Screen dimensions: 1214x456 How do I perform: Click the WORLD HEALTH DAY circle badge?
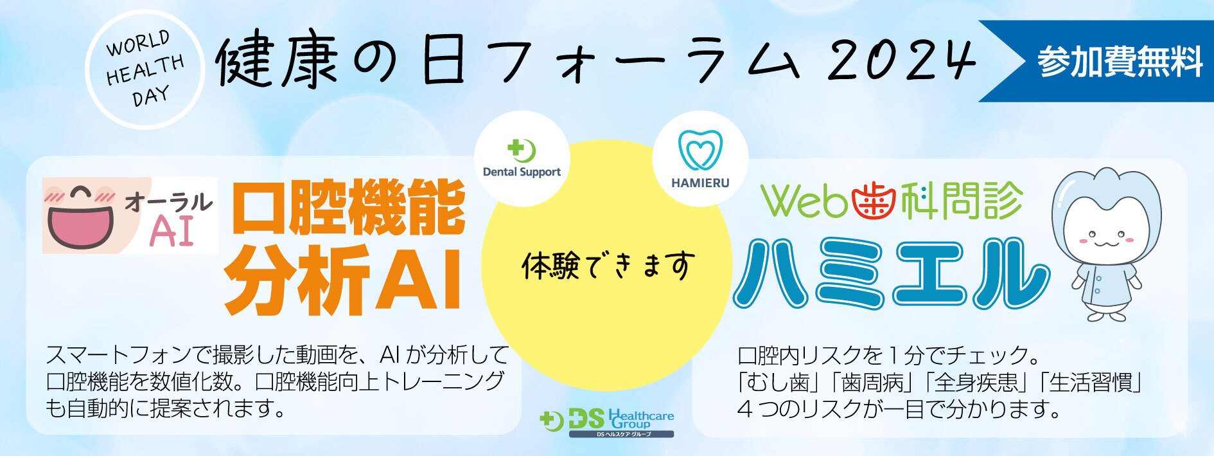(145, 69)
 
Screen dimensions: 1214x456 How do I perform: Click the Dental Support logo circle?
(522, 159)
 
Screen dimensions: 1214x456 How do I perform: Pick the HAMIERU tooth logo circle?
(700, 159)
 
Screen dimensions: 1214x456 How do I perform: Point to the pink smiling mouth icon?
(80, 217)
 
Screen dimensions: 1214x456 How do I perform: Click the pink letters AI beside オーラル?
(172, 231)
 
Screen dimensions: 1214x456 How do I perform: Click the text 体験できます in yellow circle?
(608, 266)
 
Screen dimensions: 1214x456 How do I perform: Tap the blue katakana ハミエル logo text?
(891, 273)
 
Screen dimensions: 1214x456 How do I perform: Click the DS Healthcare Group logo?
(607, 423)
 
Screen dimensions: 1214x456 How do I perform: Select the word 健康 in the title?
(277, 62)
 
